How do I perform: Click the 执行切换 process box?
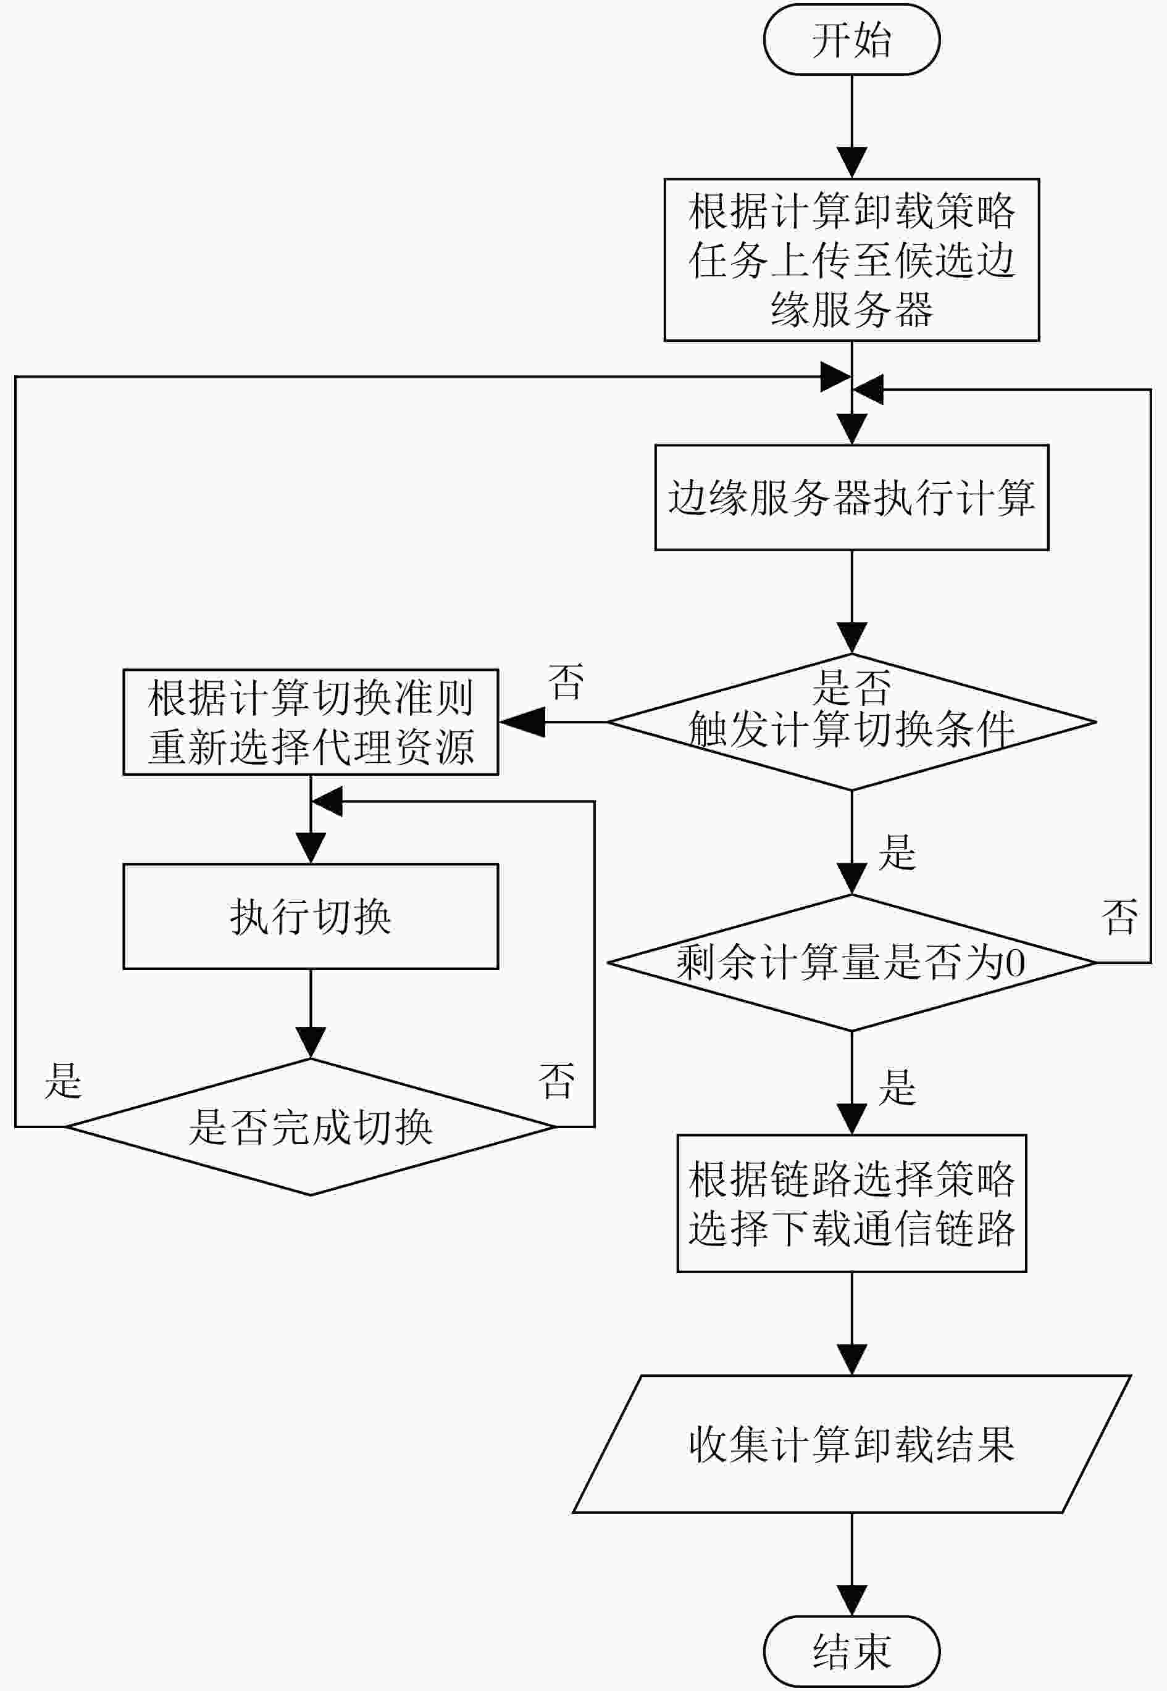click(311, 916)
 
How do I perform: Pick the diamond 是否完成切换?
click(311, 1127)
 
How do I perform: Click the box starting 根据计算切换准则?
click(311, 722)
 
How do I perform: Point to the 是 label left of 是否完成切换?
click(63, 1080)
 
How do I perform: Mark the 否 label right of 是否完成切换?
click(556, 1080)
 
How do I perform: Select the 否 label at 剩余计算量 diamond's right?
click(1119, 916)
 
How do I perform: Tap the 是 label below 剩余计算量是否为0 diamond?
click(897, 1086)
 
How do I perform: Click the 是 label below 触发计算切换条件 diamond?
click(897, 851)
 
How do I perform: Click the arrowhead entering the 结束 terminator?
click(852, 1600)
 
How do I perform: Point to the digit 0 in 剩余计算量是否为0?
click(1015, 964)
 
